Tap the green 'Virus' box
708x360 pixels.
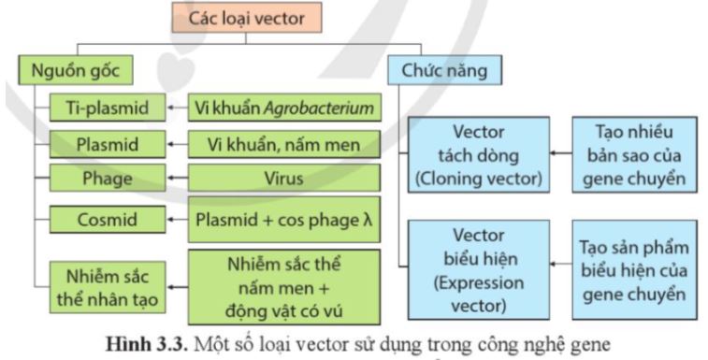pyautogui.click(x=284, y=178)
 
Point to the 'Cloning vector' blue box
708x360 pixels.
pyautogui.click(x=477, y=154)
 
